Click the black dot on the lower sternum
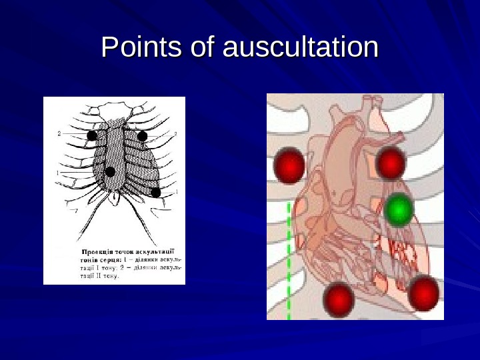pyautogui.click(x=111, y=171)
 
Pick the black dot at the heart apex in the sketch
pyautogui.click(x=156, y=192)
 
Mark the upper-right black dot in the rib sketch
pyautogui.click(x=142, y=136)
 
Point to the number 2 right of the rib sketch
pyautogui.click(x=175, y=135)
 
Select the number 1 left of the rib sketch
pyautogui.click(x=58, y=173)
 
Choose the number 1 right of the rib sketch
pyautogui.click(x=176, y=192)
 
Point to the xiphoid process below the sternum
pyautogui.click(x=115, y=197)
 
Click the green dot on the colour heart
pyautogui.click(x=399, y=210)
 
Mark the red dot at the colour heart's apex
pyautogui.click(x=423, y=293)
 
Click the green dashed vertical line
pyautogui.click(x=289, y=260)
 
